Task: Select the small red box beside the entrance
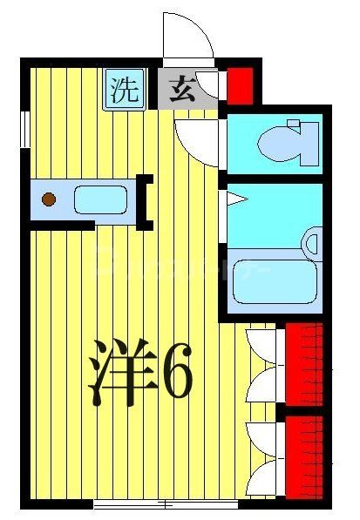pyautogui.click(x=240, y=85)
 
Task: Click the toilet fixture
pyautogui.click(x=288, y=140)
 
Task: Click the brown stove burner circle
pyautogui.click(x=49, y=199)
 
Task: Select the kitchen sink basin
pyautogui.click(x=101, y=199)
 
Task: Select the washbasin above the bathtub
pyautogui.click(x=310, y=241)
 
